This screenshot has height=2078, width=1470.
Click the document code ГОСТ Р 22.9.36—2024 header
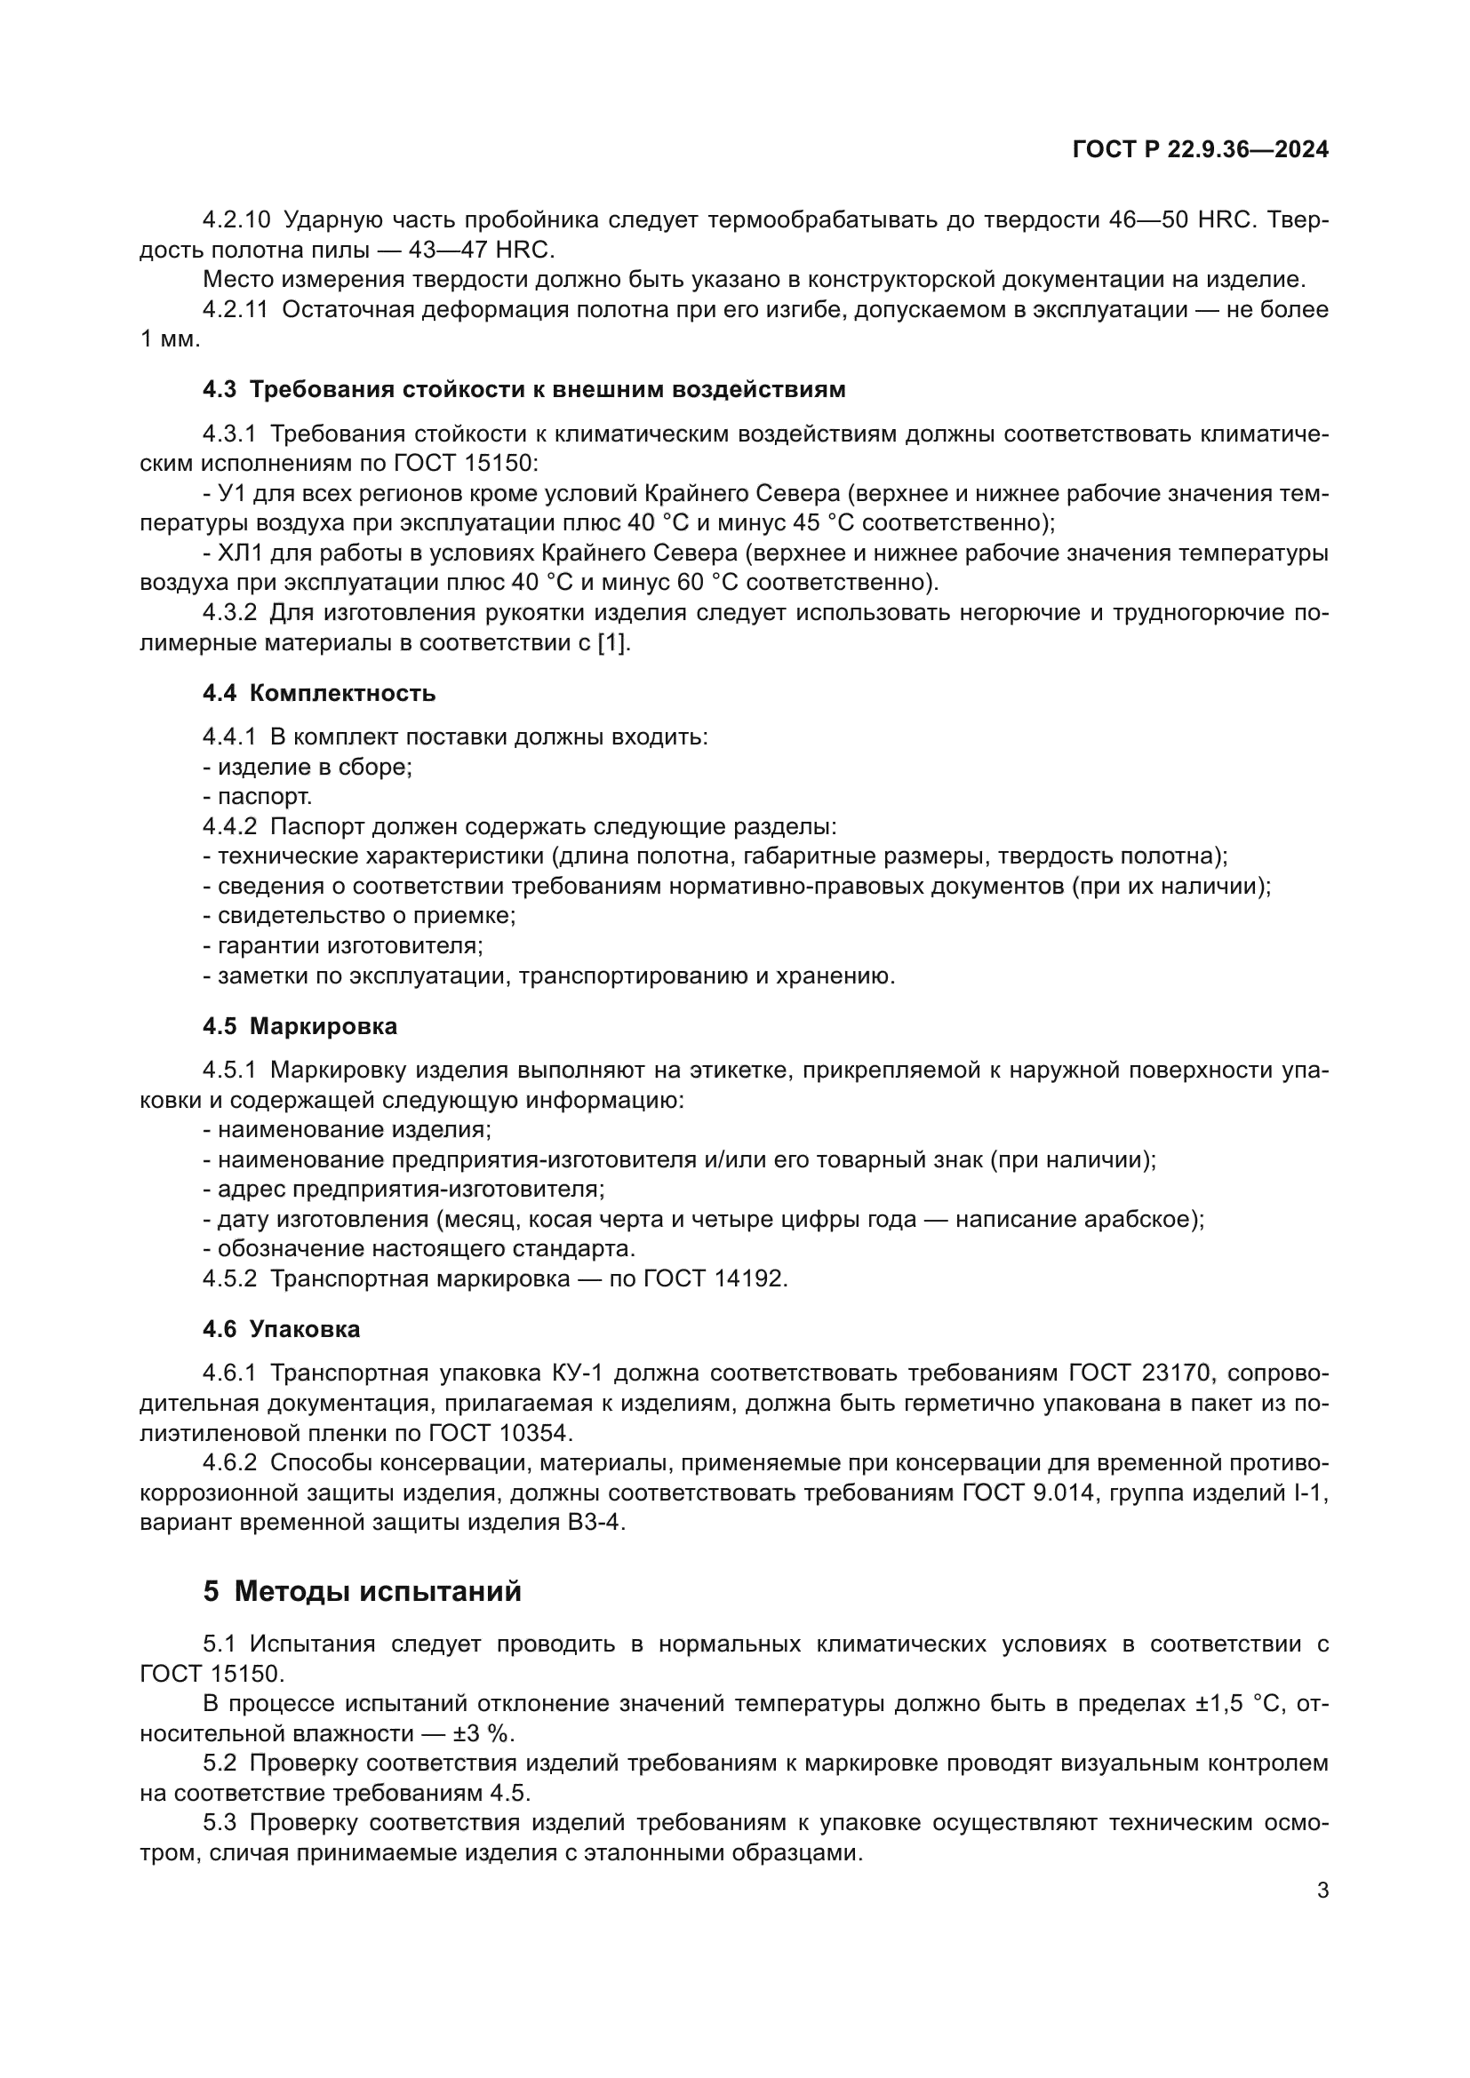[1200, 150]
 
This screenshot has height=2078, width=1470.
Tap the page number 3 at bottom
[1322, 1891]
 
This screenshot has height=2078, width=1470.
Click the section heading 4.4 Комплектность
[319, 693]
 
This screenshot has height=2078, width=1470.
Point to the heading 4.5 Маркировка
[300, 1026]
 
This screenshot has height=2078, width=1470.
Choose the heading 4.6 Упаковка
[282, 1330]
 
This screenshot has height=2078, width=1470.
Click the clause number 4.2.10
[236, 220]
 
